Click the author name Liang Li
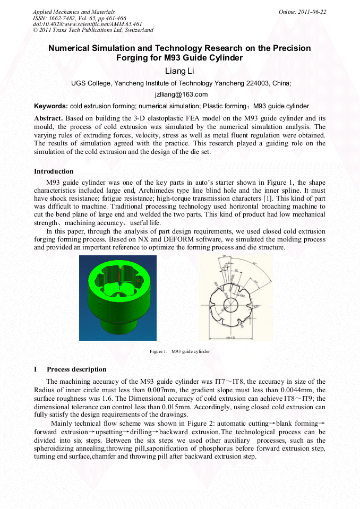click(x=181, y=71)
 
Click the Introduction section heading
click(x=54, y=171)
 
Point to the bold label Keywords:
click(x=51, y=106)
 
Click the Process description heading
click(x=76, y=369)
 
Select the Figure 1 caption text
click(x=179, y=351)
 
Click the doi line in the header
click(x=88, y=24)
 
